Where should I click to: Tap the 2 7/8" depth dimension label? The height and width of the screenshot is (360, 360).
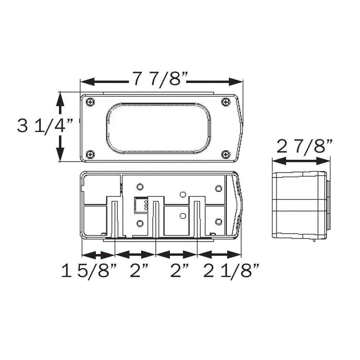304,147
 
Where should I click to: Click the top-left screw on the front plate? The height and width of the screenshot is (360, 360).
90,102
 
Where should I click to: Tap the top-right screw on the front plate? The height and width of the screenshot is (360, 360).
225,102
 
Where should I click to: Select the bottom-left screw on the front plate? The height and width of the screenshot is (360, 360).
90,154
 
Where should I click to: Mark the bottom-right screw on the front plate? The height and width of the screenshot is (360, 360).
225,154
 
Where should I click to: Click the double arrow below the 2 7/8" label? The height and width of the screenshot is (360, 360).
301,161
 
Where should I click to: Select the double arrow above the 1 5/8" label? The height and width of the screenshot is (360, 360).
98,254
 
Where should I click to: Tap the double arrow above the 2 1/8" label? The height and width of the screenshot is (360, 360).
219,254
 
